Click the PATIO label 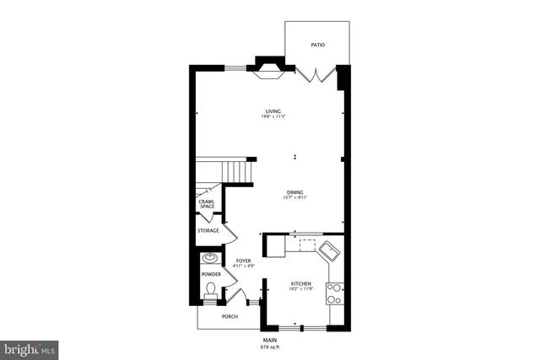317,45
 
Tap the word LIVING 273,110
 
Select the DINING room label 294,191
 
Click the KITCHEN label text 301,283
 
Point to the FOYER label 244,261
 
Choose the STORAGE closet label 208,230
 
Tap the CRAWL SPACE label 207,203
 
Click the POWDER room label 211,274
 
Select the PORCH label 229,317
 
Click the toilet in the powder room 210,291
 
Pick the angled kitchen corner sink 328,250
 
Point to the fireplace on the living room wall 270,69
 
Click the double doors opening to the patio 317,74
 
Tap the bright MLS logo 30,347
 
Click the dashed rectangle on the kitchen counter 305,244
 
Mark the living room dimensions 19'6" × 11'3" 273,116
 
